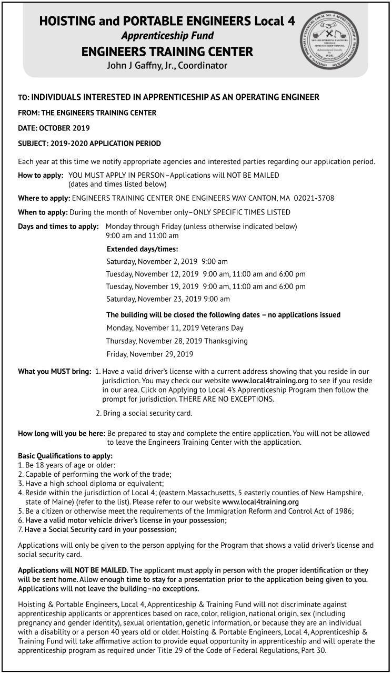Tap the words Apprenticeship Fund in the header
167,36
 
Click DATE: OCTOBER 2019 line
54,128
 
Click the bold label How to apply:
41,175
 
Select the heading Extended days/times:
142,249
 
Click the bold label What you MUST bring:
55,372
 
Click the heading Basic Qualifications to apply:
65,456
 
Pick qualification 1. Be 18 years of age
66,465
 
